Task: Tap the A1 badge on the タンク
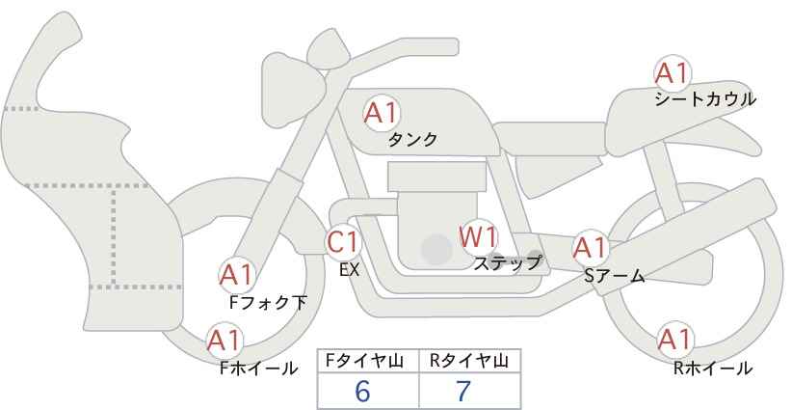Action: click(x=381, y=114)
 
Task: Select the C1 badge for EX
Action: click(x=344, y=242)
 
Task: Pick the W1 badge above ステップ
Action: click(x=477, y=235)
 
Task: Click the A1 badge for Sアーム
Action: click(x=590, y=247)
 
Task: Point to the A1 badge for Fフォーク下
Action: click(x=237, y=276)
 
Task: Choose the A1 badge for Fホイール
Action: click(x=224, y=341)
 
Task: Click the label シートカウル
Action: click(x=704, y=99)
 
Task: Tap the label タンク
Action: click(x=412, y=140)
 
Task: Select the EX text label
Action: click(x=350, y=270)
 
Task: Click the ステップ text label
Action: click(x=508, y=261)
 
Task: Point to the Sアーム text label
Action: click(x=614, y=277)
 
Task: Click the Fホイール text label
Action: click(x=259, y=368)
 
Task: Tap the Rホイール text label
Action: click(x=714, y=368)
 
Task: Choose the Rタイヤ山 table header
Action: click(x=469, y=361)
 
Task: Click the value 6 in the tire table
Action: click(x=363, y=392)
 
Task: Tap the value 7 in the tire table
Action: click(x=464, y=392)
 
